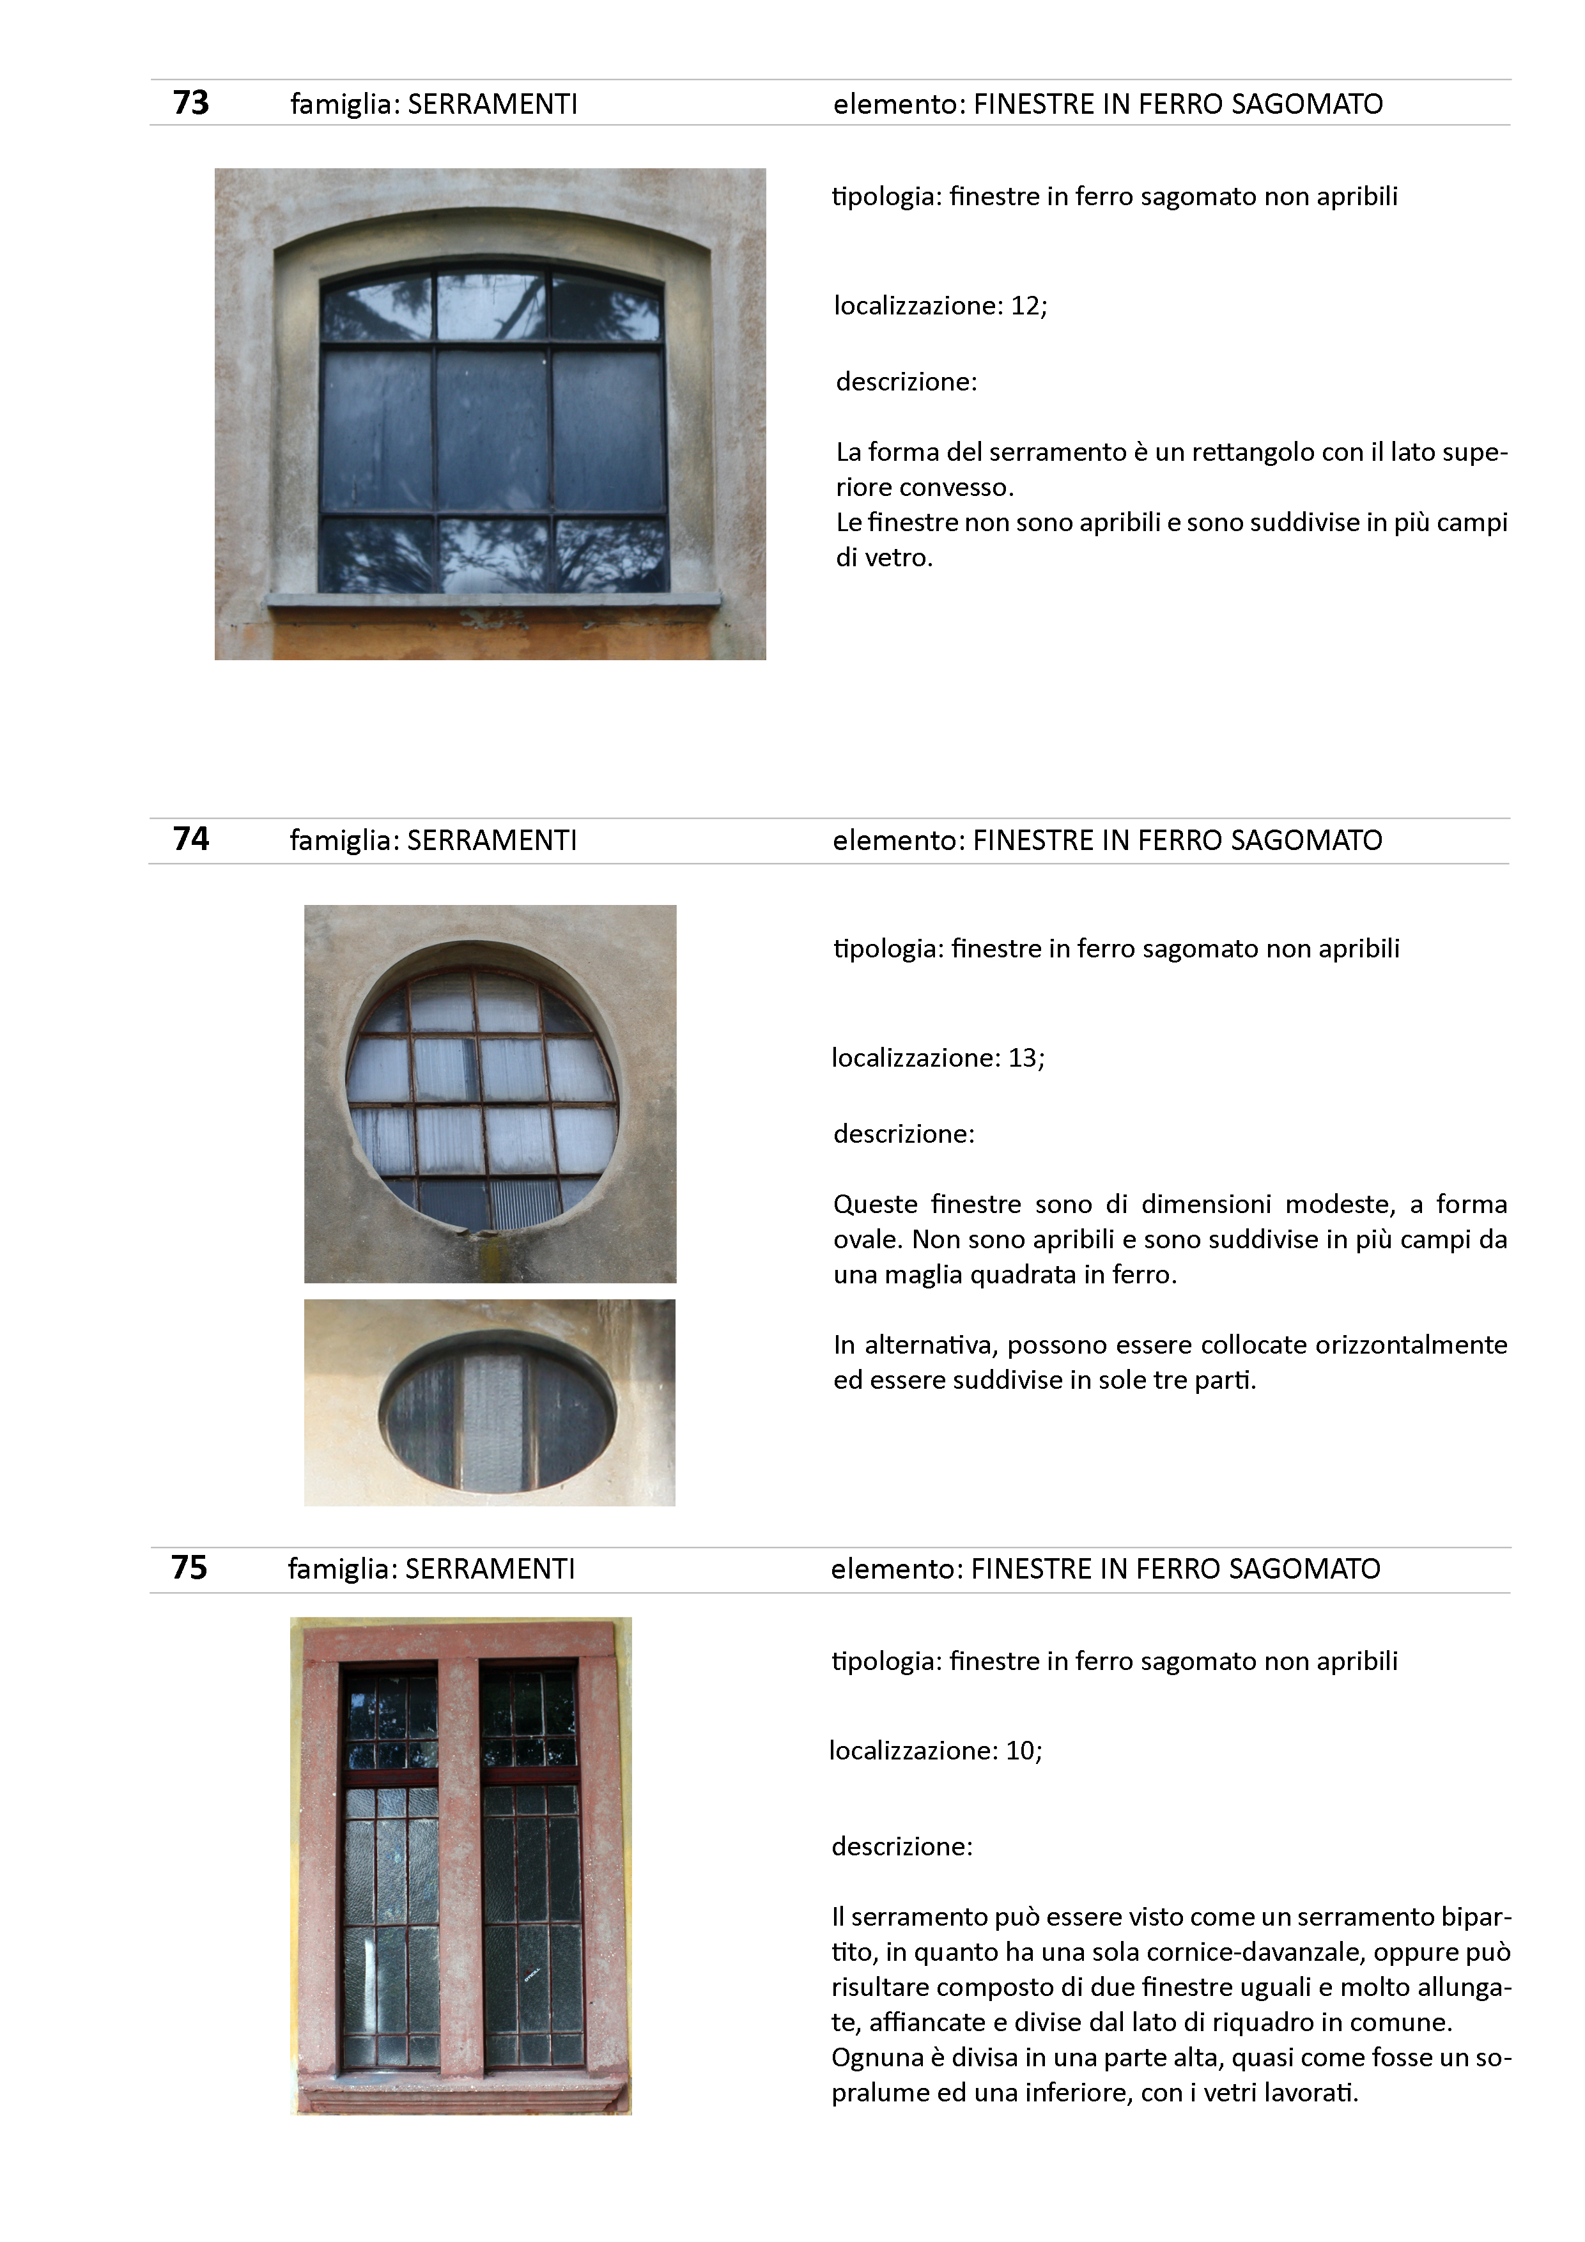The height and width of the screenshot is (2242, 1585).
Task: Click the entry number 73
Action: tap(190, 102)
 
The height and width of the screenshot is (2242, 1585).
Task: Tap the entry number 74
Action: tap(190, 839)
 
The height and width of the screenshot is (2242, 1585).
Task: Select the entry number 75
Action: tap(189, 1567)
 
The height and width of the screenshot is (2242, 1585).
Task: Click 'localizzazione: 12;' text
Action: tap(939, 305)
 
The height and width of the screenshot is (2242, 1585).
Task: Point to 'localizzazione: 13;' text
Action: tap(938, 1058)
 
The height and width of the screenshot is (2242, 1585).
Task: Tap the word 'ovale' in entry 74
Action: tap(867, 1239)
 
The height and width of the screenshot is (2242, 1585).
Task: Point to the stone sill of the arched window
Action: tap(493, 599)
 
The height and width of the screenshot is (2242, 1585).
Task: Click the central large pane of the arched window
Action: tap(492, 429)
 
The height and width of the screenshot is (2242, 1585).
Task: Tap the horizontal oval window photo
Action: tap(490, 1402)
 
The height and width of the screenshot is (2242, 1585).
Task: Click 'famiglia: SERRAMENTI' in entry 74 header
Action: tap(433, 840)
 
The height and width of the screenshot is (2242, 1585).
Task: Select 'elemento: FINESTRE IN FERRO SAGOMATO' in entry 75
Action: tap(1106, 1568)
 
